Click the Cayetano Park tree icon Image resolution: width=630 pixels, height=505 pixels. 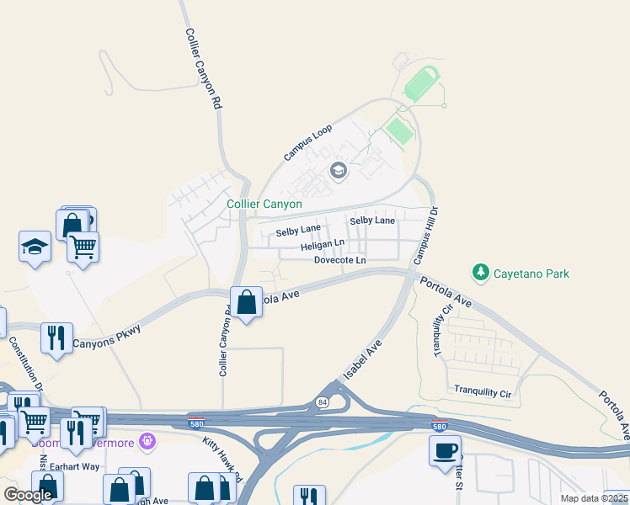481,273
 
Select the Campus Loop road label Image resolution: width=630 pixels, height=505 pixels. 308,142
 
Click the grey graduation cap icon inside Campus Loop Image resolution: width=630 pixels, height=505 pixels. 339,172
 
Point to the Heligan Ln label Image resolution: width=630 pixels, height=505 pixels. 323,246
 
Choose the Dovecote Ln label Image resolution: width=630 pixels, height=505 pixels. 339,261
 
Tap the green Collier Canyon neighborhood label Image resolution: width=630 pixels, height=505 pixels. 264,205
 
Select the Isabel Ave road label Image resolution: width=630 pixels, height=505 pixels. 363,359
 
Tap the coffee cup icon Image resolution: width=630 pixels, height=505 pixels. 445,449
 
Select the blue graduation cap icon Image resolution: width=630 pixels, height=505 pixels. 35,247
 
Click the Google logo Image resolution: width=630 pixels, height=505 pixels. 28,495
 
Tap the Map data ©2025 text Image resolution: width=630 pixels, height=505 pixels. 595,498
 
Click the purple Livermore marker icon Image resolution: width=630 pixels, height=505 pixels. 149,440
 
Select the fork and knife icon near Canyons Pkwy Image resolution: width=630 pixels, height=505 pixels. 56,338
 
